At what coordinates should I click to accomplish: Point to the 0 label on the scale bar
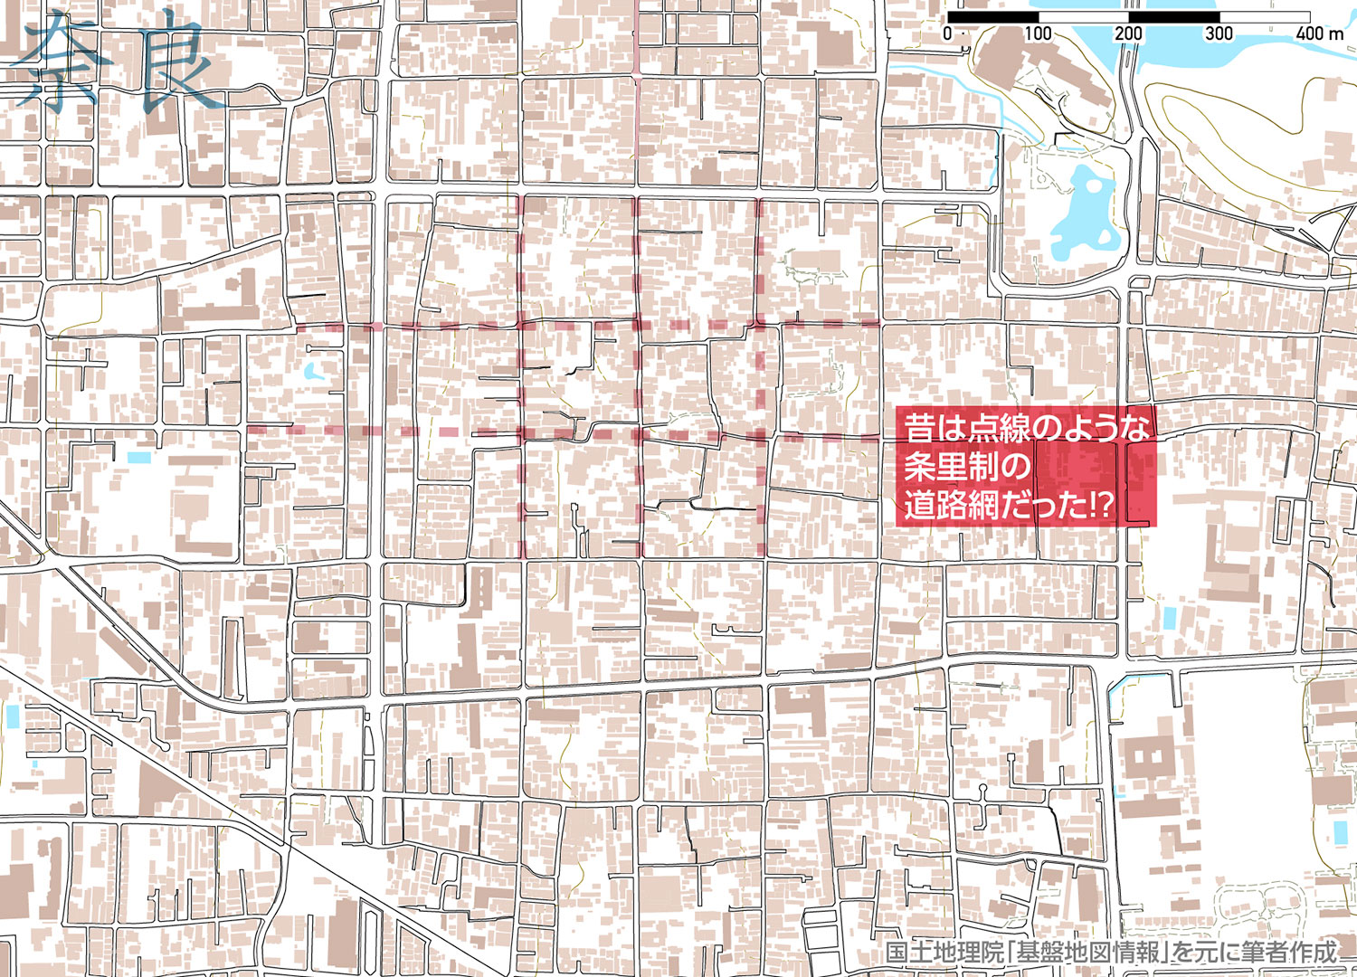pyautogui.click(x=947, y=33)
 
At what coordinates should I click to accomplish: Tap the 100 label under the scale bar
pyautogui.click(x=1038, y=33)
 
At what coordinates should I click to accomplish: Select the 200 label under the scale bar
pyautogui.click(x=1128, y=33)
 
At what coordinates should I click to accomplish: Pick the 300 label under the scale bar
pyautogui.click(x=1219, y=33)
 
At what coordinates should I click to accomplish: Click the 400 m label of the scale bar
pyautogui.click(x=1319, y=33)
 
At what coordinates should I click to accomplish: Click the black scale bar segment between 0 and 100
pyautogui.click(x=992, y=16)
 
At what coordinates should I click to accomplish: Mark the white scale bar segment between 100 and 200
pyautogui.click(x=1083, y=16)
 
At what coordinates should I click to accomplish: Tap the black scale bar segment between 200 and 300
pyautogui.click(x=1173, y=16)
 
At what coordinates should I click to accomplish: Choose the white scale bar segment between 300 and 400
pyautogui.click(x=1264, y=16)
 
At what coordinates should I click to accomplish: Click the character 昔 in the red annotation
pyautogui.click(x=919, y=428)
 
